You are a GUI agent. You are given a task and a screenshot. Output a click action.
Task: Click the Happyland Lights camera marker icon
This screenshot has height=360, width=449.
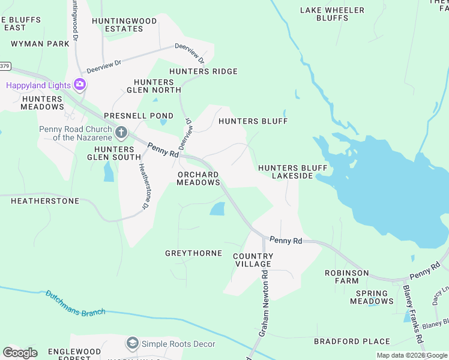click(79, 85)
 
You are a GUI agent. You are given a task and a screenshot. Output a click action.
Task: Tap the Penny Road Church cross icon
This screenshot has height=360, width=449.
click(121, 132)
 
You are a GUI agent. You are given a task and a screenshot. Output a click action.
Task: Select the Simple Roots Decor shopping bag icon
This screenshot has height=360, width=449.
click(132, 343)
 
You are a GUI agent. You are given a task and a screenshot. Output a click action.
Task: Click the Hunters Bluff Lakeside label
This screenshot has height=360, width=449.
click(285, 172)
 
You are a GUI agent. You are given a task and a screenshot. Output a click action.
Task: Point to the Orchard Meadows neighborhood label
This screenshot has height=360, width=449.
click(198, 178)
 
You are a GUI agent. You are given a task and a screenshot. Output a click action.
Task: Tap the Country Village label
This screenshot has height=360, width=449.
click(253, 260)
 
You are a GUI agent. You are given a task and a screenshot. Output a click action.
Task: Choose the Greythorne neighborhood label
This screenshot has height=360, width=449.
click(193, 253)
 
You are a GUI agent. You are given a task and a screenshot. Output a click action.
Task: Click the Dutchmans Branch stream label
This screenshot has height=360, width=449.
click(76, 303)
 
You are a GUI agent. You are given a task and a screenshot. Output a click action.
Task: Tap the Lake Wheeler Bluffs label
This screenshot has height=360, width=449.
click(332, 14)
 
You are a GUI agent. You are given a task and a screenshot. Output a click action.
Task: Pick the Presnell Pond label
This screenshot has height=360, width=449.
click(138, 116)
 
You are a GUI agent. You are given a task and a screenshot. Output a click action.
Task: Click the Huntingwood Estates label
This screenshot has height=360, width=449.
click(124, 25)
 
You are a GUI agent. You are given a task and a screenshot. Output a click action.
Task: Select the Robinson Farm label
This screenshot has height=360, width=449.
click(346, 277)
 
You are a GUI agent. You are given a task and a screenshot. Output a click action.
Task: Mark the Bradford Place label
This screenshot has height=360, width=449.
click(352, 341)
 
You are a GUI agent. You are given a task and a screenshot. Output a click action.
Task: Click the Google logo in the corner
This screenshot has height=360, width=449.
click(20, 352)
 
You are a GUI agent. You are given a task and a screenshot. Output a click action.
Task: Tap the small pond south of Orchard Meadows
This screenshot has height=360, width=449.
click(217, 209)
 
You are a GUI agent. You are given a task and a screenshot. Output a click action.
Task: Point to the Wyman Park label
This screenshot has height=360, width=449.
click(40, 44)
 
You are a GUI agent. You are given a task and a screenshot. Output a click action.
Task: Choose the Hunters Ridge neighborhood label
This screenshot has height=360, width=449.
click(203, 71)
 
